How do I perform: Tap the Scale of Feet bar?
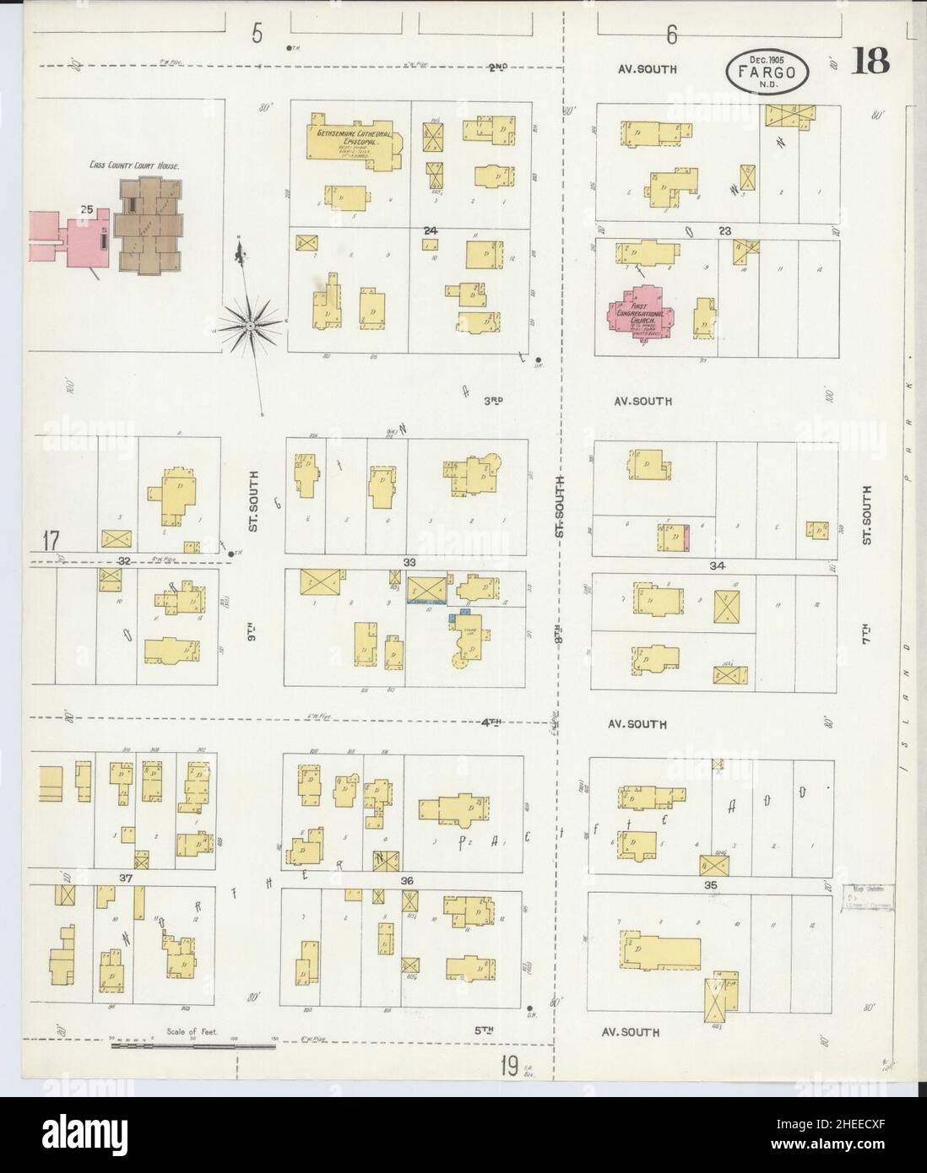click(x=193, y=1046)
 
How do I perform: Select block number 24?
click(x=431, y=230)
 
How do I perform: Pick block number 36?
click(x=408, y=880)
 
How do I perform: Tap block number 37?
click(x=127, y=878)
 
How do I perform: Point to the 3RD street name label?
click(x=494, y=401)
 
